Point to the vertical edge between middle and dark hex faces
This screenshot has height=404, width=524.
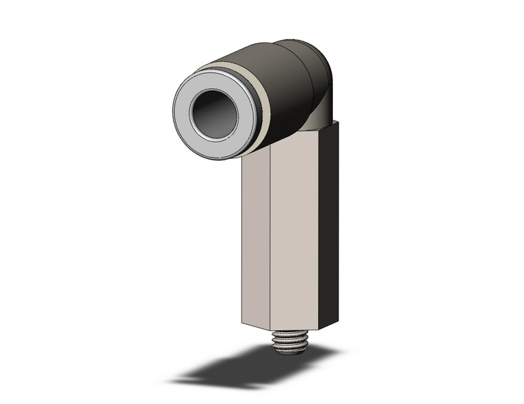[319, 227]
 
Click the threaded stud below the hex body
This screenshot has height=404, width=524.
[290, 341]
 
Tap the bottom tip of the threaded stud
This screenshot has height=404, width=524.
[290, 352]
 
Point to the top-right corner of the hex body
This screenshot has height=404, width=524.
[338, 123]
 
